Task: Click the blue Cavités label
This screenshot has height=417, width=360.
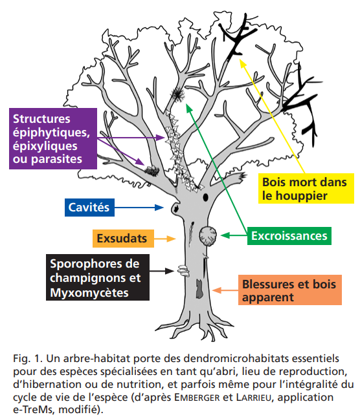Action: click(x=89, y=208)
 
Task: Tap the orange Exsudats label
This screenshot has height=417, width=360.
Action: click(x=123, y=239)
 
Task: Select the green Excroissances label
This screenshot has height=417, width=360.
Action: click(x=289, y=236)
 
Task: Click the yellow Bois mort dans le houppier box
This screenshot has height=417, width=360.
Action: click(x=306, y=189)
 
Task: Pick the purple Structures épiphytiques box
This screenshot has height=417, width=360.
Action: click(x=53, y=138)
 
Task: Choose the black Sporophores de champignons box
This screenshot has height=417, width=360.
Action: click(x=98, y=277)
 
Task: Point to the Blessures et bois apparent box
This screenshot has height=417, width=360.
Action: click(x=289, y=290)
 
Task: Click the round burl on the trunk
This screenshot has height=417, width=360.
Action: click(x=208, y=236)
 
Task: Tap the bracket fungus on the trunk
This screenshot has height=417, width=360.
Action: click(x=183, y=270)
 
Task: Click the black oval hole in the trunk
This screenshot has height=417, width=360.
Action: click(x=205, y=197)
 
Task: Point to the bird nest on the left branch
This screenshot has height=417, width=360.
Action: click(x=152, y=170)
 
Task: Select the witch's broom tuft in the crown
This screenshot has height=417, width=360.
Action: click(x=177, y=94)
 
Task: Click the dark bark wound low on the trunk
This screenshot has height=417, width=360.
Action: click(x=199, y=288)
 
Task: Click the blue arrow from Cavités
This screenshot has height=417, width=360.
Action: click(x=139, y=208)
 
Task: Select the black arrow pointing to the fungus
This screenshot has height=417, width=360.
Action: click(x=162, y=271)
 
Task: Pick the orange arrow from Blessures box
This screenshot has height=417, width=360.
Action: click(x=225, y=290)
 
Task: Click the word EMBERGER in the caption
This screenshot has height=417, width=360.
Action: click(x=197, y=398)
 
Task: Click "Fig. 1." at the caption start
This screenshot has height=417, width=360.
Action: click(x=28, y=359)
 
